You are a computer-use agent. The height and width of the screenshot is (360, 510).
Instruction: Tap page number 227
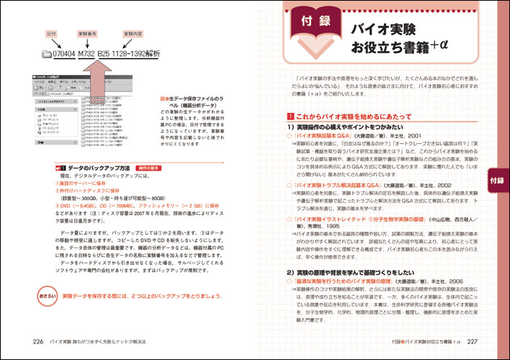coord(473,341)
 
